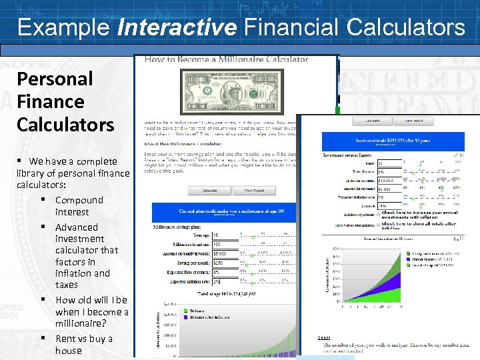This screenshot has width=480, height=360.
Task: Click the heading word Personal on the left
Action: [x=55, y=79]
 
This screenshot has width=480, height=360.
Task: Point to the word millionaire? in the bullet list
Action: [x=81, y=323]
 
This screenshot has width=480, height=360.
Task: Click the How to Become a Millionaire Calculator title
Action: [x=227, y=59]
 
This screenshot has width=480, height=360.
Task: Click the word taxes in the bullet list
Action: [x=67, y=285]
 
